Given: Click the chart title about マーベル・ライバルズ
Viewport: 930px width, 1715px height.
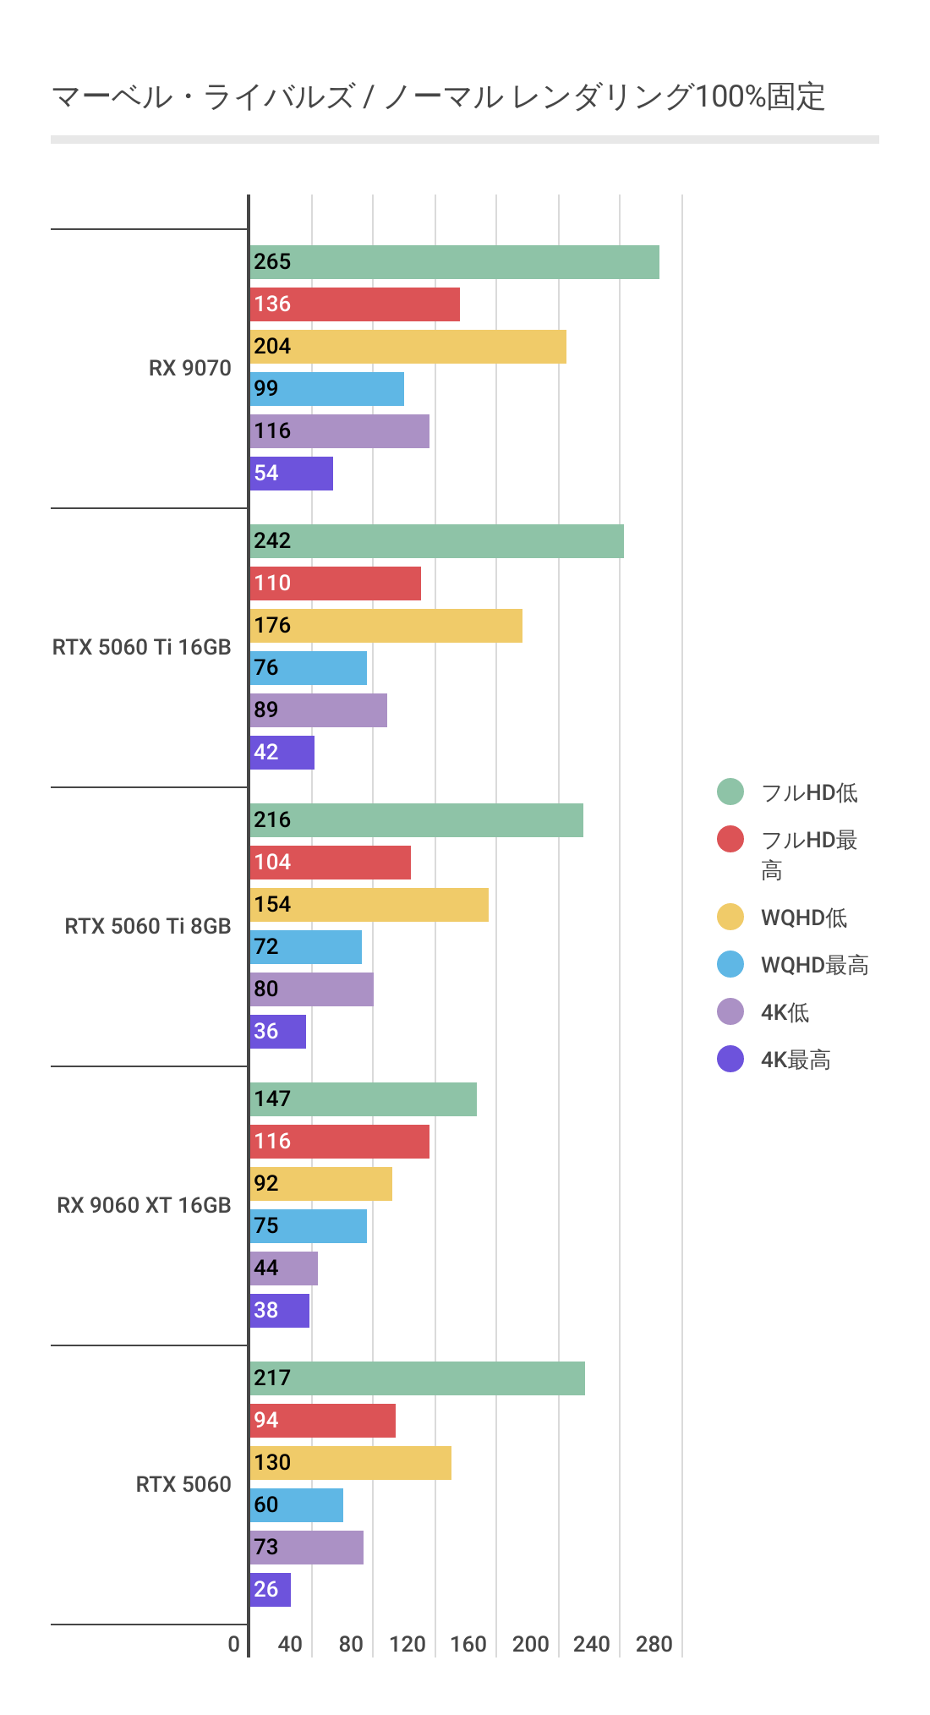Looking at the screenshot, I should pos(438,97).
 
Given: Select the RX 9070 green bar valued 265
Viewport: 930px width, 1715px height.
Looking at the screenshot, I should pos(454,262).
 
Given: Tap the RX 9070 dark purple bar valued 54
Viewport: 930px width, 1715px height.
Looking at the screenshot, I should pos(292,474).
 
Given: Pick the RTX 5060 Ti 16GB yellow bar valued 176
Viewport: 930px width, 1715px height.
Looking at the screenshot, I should pos(386,626).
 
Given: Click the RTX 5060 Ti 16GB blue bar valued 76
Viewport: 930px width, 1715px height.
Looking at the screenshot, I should pos(309,668).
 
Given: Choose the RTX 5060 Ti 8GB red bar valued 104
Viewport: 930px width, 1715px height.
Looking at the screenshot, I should pos(331,863).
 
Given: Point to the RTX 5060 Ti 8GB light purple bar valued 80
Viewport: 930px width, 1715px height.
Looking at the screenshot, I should pos(312,989).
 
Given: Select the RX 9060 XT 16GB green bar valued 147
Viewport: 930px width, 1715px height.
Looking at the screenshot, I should pos(364,1099).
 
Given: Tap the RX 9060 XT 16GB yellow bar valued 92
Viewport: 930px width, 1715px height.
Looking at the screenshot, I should pos(321,1184).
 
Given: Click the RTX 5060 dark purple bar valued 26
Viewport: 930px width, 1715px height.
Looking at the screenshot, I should pos(271,1590).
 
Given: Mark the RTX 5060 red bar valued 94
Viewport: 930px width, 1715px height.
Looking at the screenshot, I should pos(323,1421).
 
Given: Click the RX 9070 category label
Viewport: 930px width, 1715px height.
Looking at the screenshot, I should pos(189,369).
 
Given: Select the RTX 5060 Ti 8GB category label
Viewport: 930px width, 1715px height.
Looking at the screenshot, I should pos(147,927).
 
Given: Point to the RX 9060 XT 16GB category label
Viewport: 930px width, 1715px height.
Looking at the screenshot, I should pos(144,1206).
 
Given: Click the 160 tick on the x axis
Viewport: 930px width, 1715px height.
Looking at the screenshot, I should pos(468,1645).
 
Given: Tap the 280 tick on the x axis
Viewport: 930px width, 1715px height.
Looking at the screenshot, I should pos(654,1645).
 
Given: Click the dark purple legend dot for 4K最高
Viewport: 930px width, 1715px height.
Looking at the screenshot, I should pos(730,1059).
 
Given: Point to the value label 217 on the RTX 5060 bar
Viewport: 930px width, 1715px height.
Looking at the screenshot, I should pos(272,1378).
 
